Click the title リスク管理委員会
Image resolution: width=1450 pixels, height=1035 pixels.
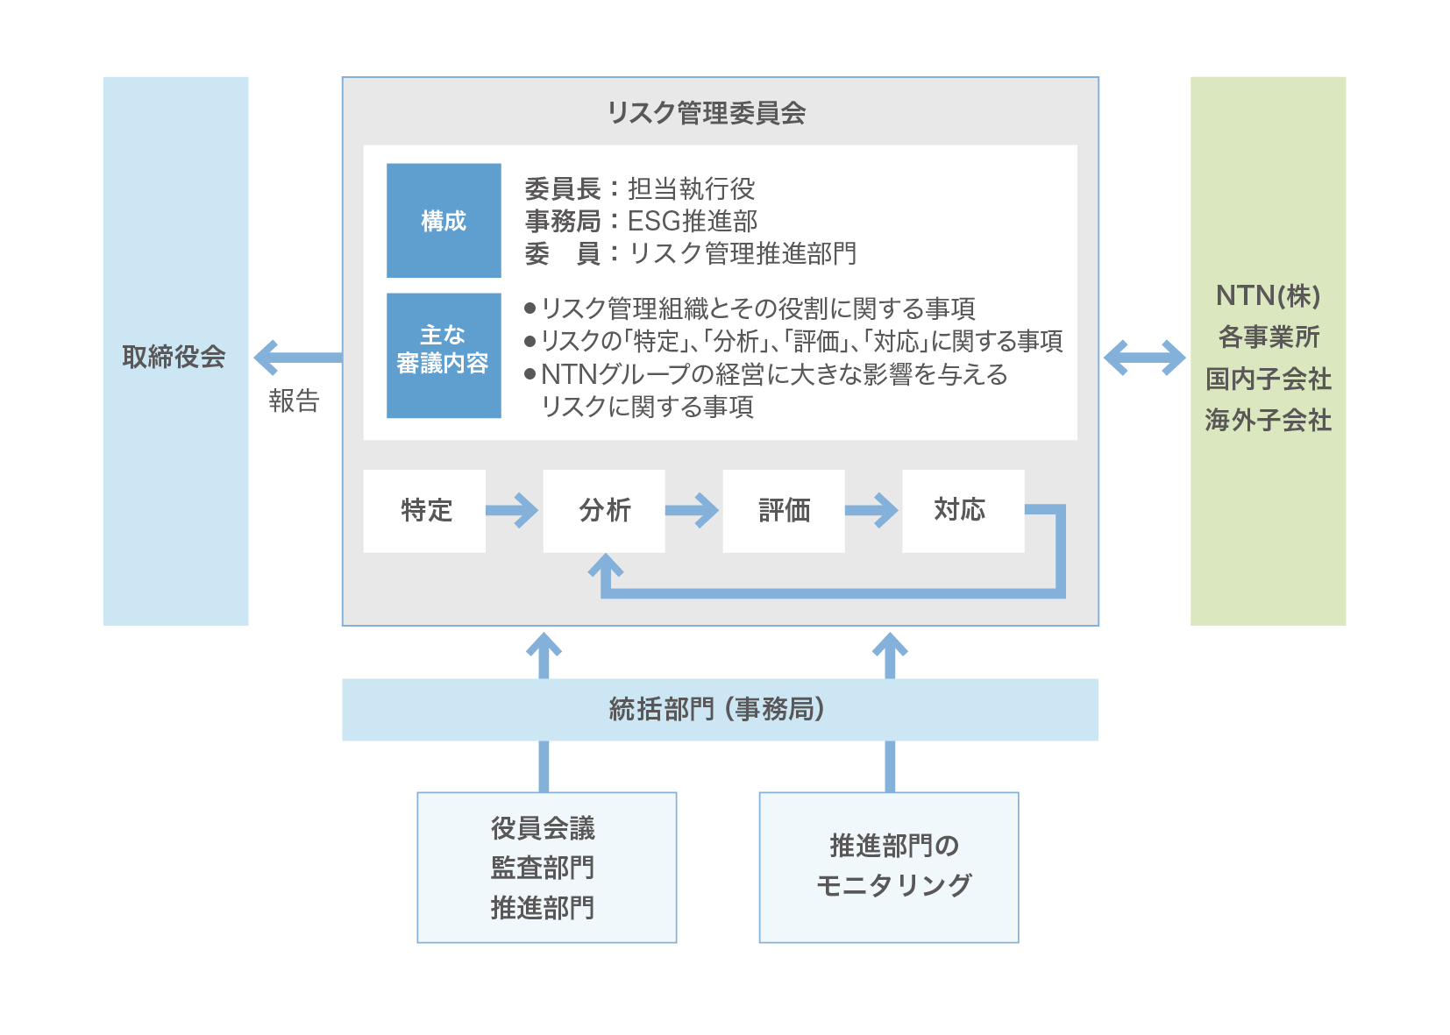(706, 113)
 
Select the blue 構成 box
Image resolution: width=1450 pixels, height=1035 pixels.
(444, 221)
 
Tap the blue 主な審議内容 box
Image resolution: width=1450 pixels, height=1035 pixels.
(444, 355)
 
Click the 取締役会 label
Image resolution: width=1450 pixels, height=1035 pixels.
(174, 357)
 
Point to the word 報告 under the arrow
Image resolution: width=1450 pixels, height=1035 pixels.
(294, 401)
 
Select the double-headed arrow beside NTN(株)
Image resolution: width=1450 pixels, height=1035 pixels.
(1144, 358)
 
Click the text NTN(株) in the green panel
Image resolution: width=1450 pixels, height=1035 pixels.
(1268, 296)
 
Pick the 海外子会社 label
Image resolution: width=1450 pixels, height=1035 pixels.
(1268, 421)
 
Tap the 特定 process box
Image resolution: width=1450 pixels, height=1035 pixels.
(425, 510)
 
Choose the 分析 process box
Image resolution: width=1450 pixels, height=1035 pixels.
(604, 510)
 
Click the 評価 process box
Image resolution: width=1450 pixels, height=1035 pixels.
(784, 510)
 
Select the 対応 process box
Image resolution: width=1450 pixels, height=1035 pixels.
(963, 510)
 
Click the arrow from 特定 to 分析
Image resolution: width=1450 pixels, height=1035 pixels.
(513, 510)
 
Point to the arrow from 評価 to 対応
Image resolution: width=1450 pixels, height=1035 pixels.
(872, 510)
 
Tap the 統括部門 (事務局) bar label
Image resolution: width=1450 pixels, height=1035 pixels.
(718, 709)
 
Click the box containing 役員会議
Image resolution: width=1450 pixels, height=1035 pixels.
(546, 868)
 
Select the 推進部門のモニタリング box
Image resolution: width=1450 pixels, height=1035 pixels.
(889, 868)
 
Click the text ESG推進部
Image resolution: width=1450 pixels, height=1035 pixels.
(693, 221)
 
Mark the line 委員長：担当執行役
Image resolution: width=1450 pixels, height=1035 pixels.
(640, 188)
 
